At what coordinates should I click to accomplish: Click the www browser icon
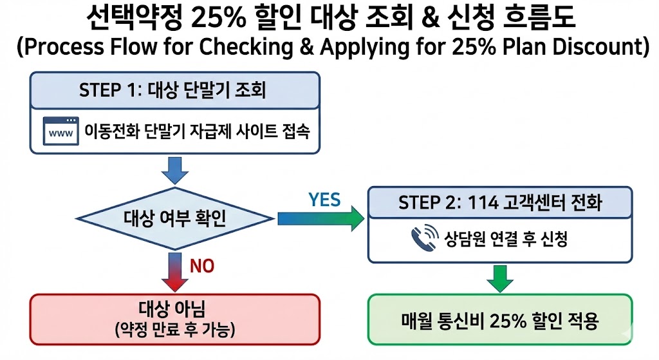60,132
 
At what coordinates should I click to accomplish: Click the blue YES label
324,200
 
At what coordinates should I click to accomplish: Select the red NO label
201,265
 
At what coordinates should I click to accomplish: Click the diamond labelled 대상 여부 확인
174,219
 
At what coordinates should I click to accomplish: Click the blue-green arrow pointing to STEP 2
320,219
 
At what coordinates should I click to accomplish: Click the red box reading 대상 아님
174,319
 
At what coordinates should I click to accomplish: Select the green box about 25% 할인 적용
499,319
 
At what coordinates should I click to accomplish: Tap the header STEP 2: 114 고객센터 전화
499,202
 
